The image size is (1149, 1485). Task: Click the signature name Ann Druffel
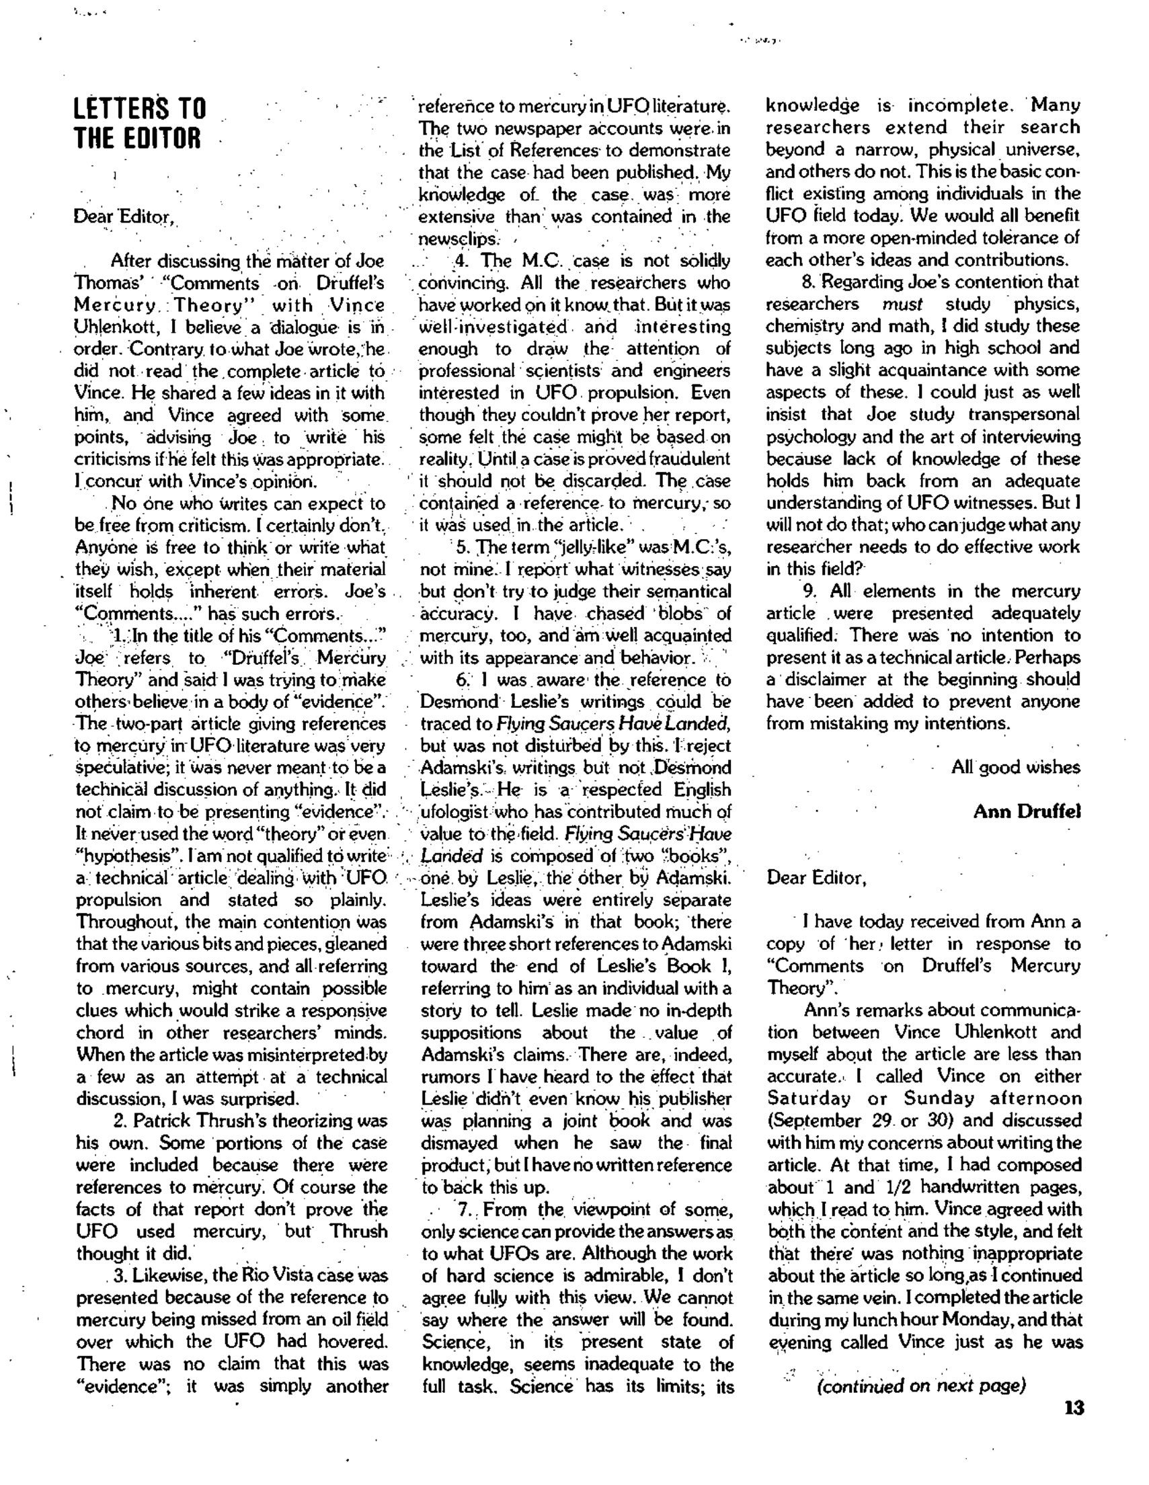1027,812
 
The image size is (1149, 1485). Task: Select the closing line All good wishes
1015,768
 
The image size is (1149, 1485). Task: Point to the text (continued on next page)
920,1386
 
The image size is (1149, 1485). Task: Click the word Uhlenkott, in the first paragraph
112,328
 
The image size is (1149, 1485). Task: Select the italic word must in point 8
902,304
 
